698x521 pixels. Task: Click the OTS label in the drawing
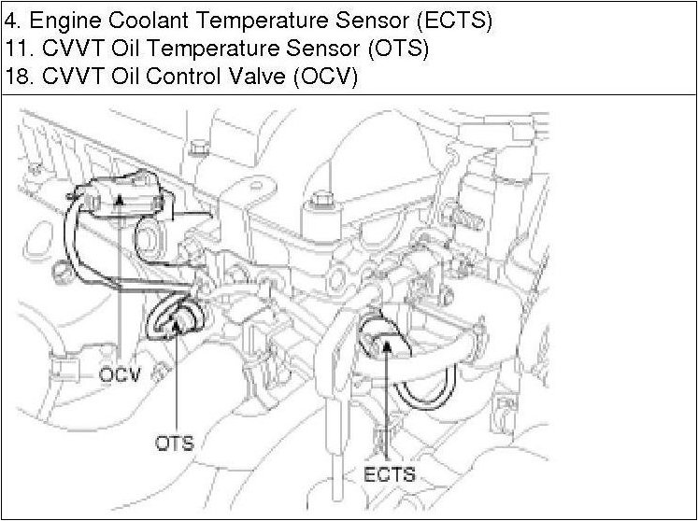(x=174, y=442)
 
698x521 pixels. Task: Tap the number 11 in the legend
(x=16, y=48)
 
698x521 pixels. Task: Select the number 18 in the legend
(x=16, y=77)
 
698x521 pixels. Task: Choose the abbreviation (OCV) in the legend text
(x=325, y=77)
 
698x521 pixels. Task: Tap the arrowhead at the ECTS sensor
(x=385, y=346)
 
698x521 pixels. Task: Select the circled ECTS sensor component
(x=384, y=340)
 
